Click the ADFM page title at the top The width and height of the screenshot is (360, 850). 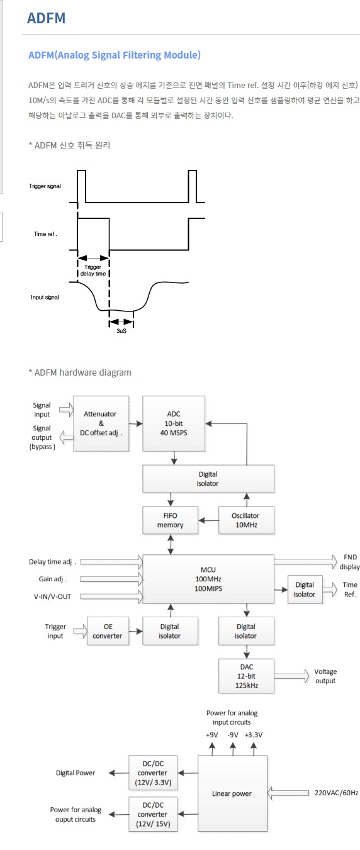point(47,18)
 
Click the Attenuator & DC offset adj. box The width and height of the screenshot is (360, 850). point(101,423)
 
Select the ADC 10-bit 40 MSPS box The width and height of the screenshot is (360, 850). point(174,423)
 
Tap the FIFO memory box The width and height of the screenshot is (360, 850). point(170,520)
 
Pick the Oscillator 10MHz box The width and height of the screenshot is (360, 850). point(246,520)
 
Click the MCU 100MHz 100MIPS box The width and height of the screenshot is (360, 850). point(208,579)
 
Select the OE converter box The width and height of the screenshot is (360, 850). point(108,631)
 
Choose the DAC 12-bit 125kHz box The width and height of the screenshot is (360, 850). point(246,676)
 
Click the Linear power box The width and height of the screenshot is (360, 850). point(232,793)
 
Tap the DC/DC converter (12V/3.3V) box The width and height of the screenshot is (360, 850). point(153,773)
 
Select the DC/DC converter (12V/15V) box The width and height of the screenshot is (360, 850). point(153,814)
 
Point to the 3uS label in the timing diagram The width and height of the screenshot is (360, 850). point(121,331)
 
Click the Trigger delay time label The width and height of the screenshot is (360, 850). point(93,270)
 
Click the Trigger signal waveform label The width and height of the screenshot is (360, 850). point(45,186)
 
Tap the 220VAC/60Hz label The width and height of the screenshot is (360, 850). point(337,793)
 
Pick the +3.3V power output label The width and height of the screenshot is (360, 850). point(253,735)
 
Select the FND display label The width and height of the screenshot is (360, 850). point(349,562)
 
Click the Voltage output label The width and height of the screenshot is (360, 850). point(325,676)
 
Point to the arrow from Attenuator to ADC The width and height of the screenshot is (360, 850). point(135,423)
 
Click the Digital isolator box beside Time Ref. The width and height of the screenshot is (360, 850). point(305,590)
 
